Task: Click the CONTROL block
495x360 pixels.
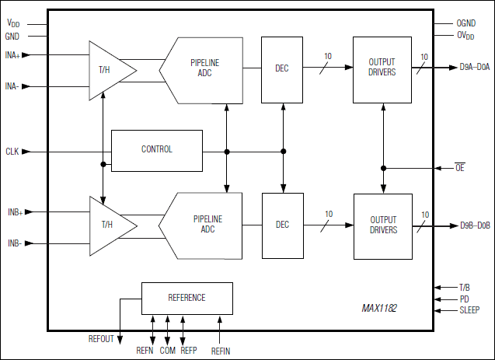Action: [156, 149]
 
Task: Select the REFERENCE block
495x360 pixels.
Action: [186, 298]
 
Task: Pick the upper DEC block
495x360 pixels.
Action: [282, 69]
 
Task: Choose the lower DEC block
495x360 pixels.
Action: [282, 225]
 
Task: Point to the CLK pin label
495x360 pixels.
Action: [12, 151]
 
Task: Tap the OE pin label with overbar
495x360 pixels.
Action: [459, 167]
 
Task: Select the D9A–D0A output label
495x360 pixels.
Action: [475, 68]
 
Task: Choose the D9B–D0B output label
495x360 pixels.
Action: [475, 225]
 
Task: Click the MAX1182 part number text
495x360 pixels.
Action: [379, 309]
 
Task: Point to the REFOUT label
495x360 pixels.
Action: [101, 339]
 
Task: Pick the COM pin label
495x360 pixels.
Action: [168, 350]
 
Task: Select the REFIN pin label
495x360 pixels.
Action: [221, 350]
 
